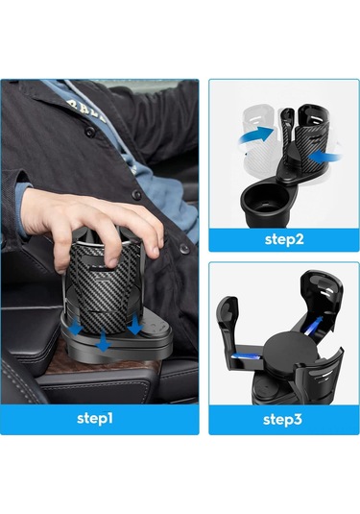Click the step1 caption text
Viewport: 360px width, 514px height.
pyautogui.click(x=95, y=418)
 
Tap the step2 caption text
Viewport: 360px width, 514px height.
pyautogui.click(x=284, y=239)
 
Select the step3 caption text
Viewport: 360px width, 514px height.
pyautogui.click(x=282, y=420)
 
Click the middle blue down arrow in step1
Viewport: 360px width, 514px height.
pyautogui.click(x=104, y=341)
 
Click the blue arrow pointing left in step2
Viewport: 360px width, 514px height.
pyautogui.click(x=324, y=157)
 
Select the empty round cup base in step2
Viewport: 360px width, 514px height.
pyautogui.click(x=265, y=202)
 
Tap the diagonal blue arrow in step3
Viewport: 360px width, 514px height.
pyautogui.click(x=313, y=326)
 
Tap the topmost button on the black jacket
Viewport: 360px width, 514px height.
pyautogui.click(x=88, y=132)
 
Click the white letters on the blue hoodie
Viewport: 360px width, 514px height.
pyautogui.click(x=86, y=110)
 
